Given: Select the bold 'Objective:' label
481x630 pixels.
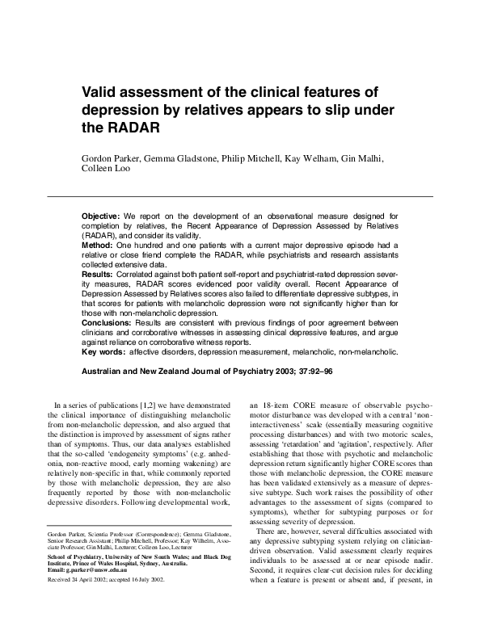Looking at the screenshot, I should (103, 217).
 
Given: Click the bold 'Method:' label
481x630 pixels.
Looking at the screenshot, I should (98, 244).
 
